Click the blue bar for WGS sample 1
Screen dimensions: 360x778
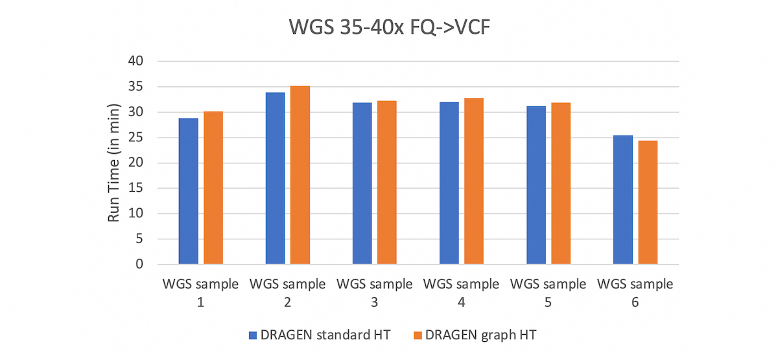(x=189, y=191)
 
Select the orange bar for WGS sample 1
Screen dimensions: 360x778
(x=213, y=188)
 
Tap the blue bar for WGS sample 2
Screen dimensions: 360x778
(x=275, y=178)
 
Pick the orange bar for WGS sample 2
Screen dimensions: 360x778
(x=300, y=175)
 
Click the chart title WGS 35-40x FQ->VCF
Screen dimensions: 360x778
(x=389, y=29)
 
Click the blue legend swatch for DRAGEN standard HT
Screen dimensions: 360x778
(x=253, y=335)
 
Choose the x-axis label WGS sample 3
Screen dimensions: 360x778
(x=374, y=292)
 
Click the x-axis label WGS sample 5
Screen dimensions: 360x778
(x=548, y=292)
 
